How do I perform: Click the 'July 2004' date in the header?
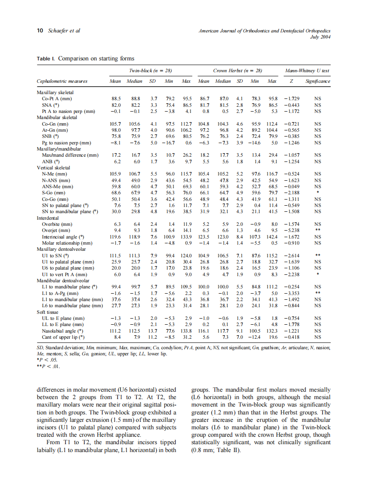pos(320,37)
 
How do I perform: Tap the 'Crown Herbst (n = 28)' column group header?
pos(237,70)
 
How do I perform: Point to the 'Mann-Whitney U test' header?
pos(307,70)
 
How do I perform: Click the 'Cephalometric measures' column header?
pos(62,81)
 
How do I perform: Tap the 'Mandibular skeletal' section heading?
pos(57,118)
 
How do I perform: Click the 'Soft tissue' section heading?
pos(47,312)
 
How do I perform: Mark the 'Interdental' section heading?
pos(48,217)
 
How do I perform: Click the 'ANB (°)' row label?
pos(51,161)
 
